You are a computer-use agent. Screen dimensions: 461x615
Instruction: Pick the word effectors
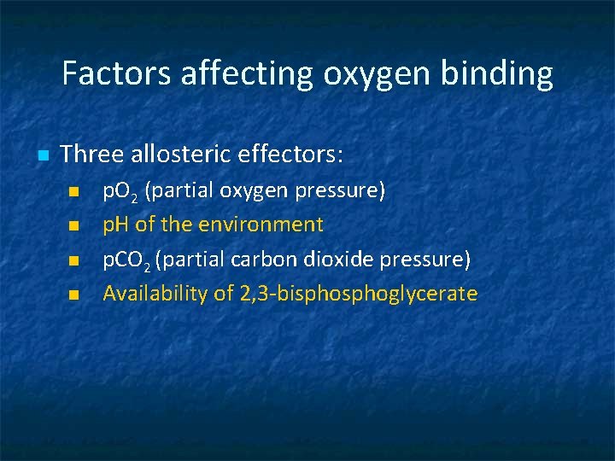pos(292,155)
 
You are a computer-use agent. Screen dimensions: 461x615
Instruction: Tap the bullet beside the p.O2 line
pos(73,191)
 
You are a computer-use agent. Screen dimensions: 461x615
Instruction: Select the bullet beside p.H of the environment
pos(73,226)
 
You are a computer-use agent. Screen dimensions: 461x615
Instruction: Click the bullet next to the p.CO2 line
pos(73,260)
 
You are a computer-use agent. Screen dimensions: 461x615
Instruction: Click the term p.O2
pos(120,191)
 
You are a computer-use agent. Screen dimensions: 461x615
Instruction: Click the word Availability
pos(144,294)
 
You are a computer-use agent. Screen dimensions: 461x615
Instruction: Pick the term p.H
pos(116,225)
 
